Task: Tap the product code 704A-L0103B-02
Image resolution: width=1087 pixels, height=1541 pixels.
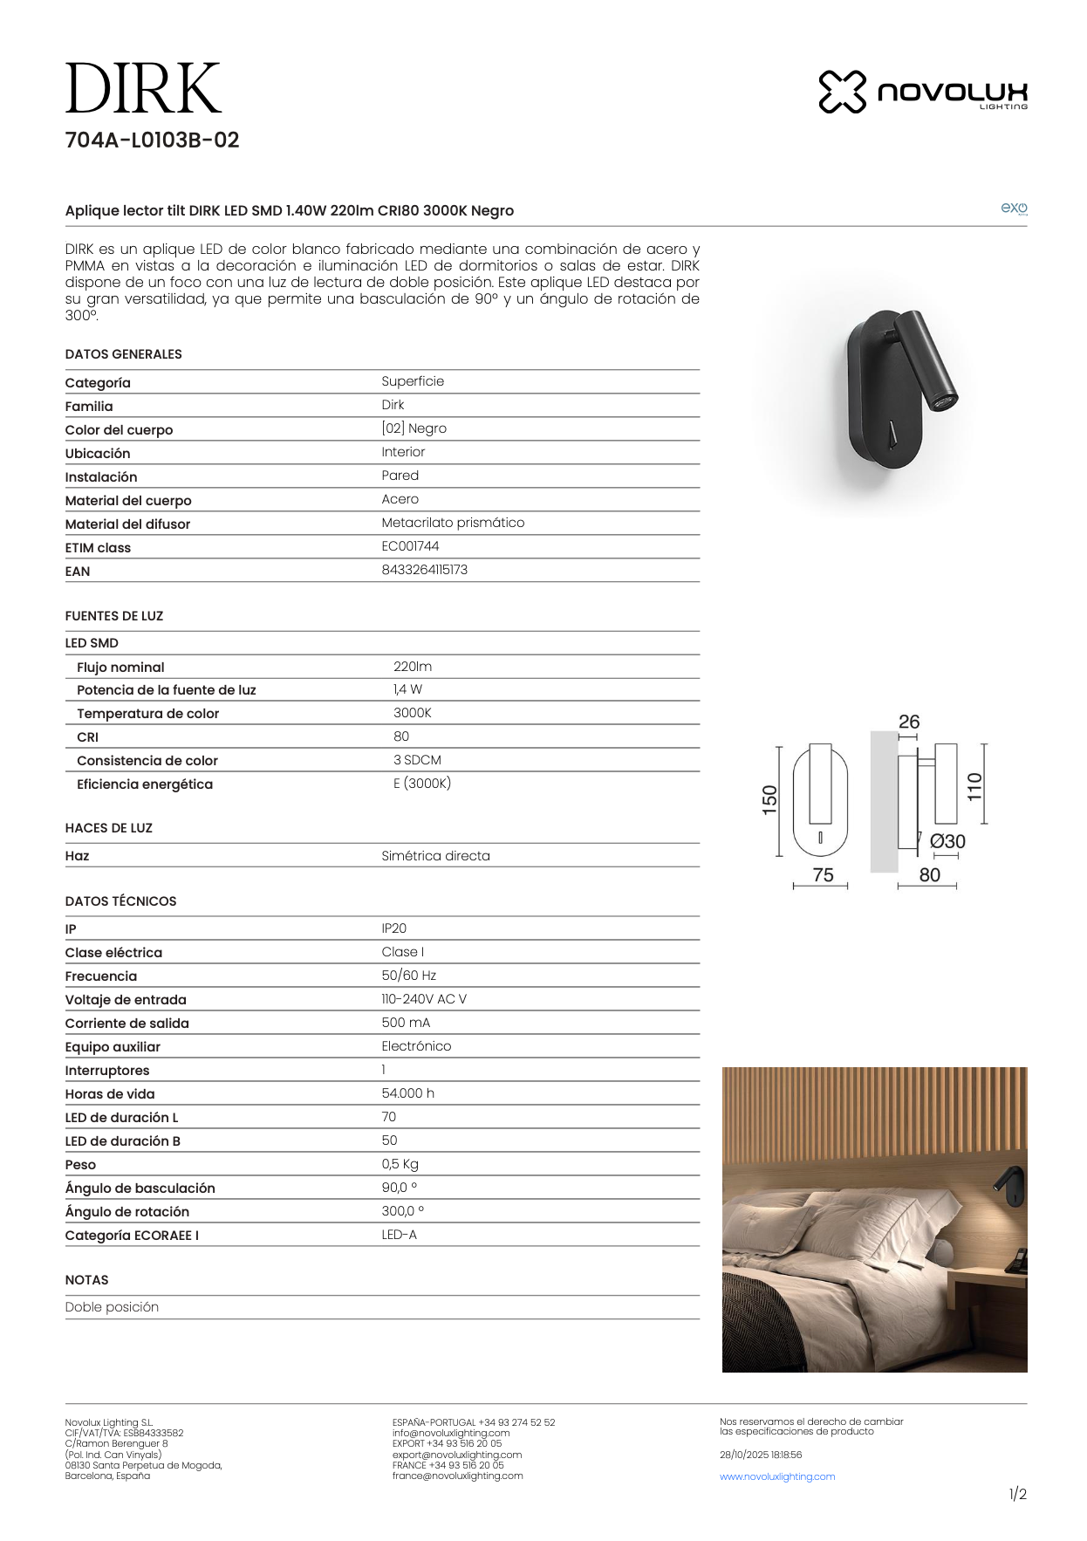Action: point(152,140)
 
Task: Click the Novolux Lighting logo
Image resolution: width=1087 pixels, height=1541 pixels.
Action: point(923,92)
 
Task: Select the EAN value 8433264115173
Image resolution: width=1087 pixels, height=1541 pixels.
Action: point(424,570)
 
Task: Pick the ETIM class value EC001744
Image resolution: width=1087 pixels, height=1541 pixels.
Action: point(410,546)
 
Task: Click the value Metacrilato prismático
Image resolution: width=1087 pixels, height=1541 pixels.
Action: point(453,523)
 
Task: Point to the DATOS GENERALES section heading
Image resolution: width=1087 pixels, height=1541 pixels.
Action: point(123,354)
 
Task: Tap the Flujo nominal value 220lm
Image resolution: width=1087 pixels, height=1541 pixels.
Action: point(413,667)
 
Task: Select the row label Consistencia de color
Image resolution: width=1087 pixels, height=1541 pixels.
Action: point(147,761)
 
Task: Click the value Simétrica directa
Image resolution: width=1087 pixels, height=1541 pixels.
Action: point(435,856)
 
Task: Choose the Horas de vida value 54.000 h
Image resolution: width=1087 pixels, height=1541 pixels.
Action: point(407,1093)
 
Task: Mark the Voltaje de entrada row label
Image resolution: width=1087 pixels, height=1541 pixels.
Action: point(126,1000)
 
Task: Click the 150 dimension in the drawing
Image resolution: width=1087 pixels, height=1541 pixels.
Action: point(769,800)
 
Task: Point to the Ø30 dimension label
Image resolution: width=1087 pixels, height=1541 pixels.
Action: point(947,842)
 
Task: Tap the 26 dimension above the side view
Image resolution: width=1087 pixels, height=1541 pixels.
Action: point(909,723)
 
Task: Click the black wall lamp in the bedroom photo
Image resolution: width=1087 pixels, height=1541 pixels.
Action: point(1012,1187)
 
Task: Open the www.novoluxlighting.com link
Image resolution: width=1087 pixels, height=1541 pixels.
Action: point(777,1476)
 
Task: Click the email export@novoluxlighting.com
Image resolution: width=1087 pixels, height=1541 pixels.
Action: point(457,1455)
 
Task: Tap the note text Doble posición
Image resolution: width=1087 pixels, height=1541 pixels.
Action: point(112,1307)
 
